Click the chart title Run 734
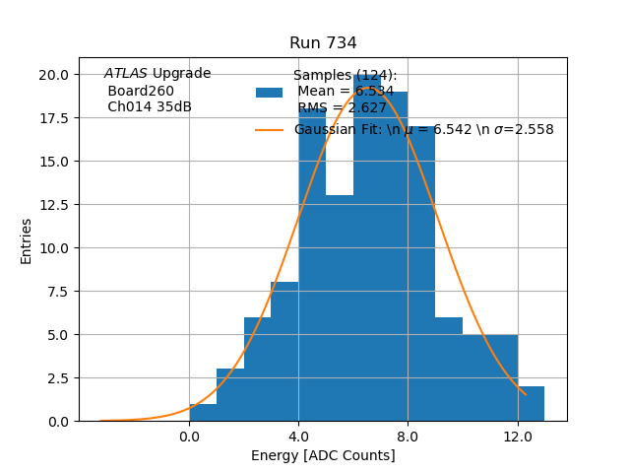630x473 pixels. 323,43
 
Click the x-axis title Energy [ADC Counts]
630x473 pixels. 323,455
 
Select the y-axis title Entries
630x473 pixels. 27,240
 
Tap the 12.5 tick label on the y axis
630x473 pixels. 53,205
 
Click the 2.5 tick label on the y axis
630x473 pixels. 57,378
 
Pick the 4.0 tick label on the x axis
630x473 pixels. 298,437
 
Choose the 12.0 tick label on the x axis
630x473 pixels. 517,437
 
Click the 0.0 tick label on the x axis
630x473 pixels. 189,437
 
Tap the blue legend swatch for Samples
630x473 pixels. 269,93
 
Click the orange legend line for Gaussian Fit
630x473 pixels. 269,130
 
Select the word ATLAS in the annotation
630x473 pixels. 126,74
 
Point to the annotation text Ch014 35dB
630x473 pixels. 150,107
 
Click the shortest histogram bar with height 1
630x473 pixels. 203,413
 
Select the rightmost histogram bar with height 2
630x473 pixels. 531,404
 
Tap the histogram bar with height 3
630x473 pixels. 230,395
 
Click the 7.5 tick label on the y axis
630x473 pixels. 57,292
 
